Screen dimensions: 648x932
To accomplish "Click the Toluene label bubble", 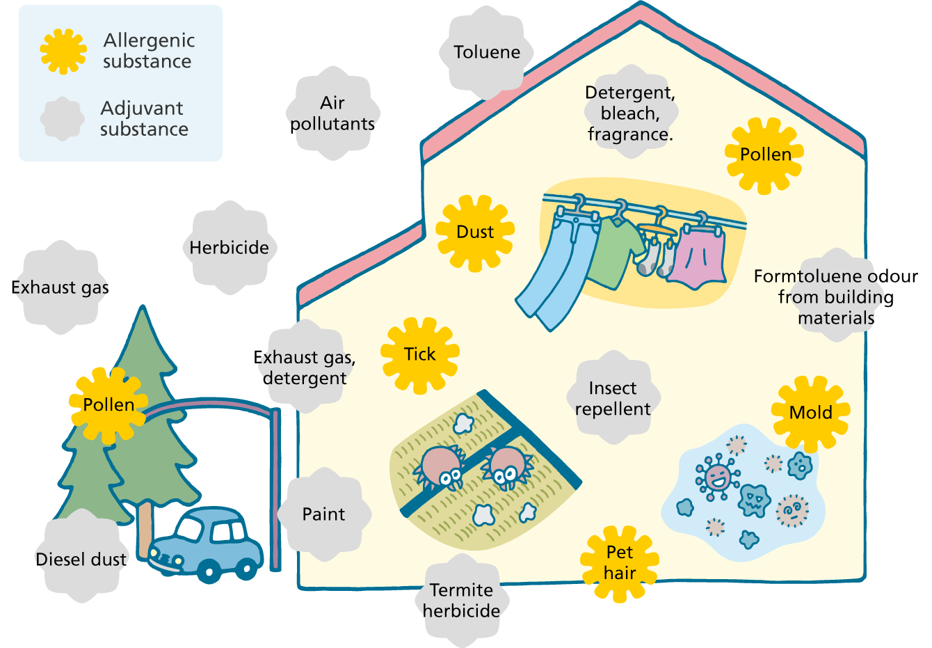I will pyautogui.click(x=487, y=52).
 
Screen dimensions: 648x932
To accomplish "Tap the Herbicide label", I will pyautogui.click(x=229, y=248).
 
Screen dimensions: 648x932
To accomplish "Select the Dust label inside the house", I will pyautogui.click(x=475, y=232).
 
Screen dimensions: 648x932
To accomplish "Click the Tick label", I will pyautogui.click(x=419, y=355).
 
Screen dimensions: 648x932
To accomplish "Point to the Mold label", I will pyautogui.click(x=810, y=413).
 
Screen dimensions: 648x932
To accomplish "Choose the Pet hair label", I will pyautogui.click(x=619, y=563).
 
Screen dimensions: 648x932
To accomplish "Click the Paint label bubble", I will pyautogui.click(x=323, y=514).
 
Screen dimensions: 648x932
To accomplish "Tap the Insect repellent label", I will pyautogui.click(x=613, y=399).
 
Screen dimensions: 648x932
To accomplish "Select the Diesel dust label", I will pyautogui.click(x=81, y=559).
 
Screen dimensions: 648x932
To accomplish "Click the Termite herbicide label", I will pyautogui.click(x=461, y=600).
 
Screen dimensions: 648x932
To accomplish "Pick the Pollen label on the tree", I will pyautogui.click(x=109, y=404).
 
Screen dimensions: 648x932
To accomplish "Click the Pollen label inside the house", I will pyautogui.click(x=765, y=155).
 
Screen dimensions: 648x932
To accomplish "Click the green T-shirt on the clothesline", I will pyautogui.click(x=614, y=251).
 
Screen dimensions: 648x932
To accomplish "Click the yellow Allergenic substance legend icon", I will pyautogui.click(x=63, y=51).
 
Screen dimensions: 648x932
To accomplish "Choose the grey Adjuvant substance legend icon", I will pyautogui.click(x=63, y=118).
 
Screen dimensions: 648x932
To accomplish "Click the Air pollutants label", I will pyautogui.click(x=332, y=113).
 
